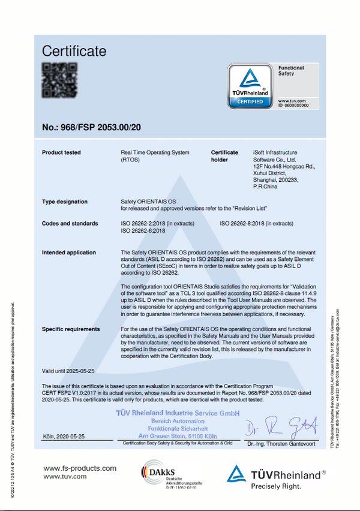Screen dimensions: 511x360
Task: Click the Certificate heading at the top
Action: pos(74,51)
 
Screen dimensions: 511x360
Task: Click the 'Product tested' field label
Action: pos(61,153)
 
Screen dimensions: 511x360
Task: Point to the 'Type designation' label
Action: pos(64,202)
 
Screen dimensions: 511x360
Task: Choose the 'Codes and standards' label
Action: pos(70,224)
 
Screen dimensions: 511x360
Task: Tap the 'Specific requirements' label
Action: pos(71,329)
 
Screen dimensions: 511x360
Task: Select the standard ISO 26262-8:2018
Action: pos(256,224)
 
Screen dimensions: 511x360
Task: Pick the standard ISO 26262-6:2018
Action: pos(144,231)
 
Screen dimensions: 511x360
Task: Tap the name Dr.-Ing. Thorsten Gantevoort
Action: pos(283,444)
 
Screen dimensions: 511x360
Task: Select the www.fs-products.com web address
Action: pos(80,468)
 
